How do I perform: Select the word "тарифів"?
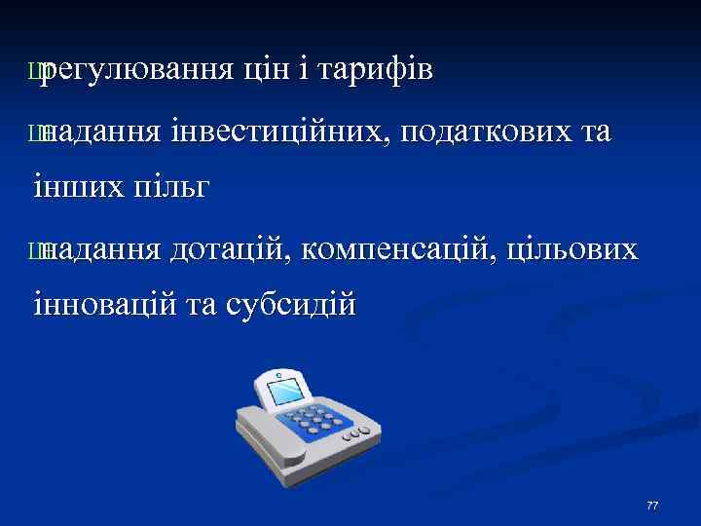click(x=376, y=69)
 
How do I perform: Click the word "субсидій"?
click(x=290, y=306)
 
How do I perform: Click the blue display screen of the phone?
click(x=288, y=394)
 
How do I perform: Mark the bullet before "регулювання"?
click(x=36, y=70)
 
